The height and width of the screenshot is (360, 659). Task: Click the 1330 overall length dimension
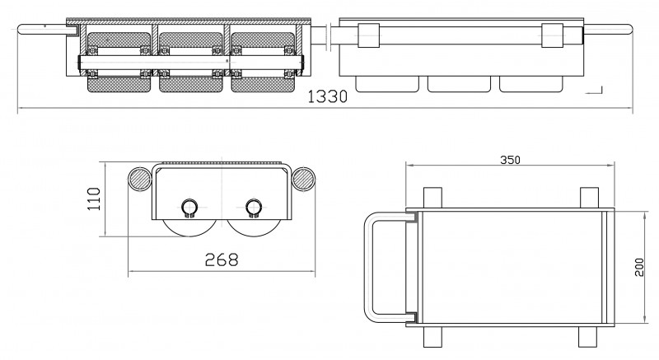pyautogui.click(x=327, y=97)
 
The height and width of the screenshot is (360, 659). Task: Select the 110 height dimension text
pyautogui.click(x=95, y=199)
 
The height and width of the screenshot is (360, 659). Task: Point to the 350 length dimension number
pyautogui.click(x=510, y=161)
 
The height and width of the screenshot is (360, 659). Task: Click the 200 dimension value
pyautogui.click(x=639, y=267)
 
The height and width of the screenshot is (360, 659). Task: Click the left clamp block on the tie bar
pyautogui.click(x=367, y=35)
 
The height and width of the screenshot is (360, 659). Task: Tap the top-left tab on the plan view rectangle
pyautogui.click(x=431, y=197)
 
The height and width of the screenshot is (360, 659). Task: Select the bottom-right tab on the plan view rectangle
pyautogui.click(x=588, y=336)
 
